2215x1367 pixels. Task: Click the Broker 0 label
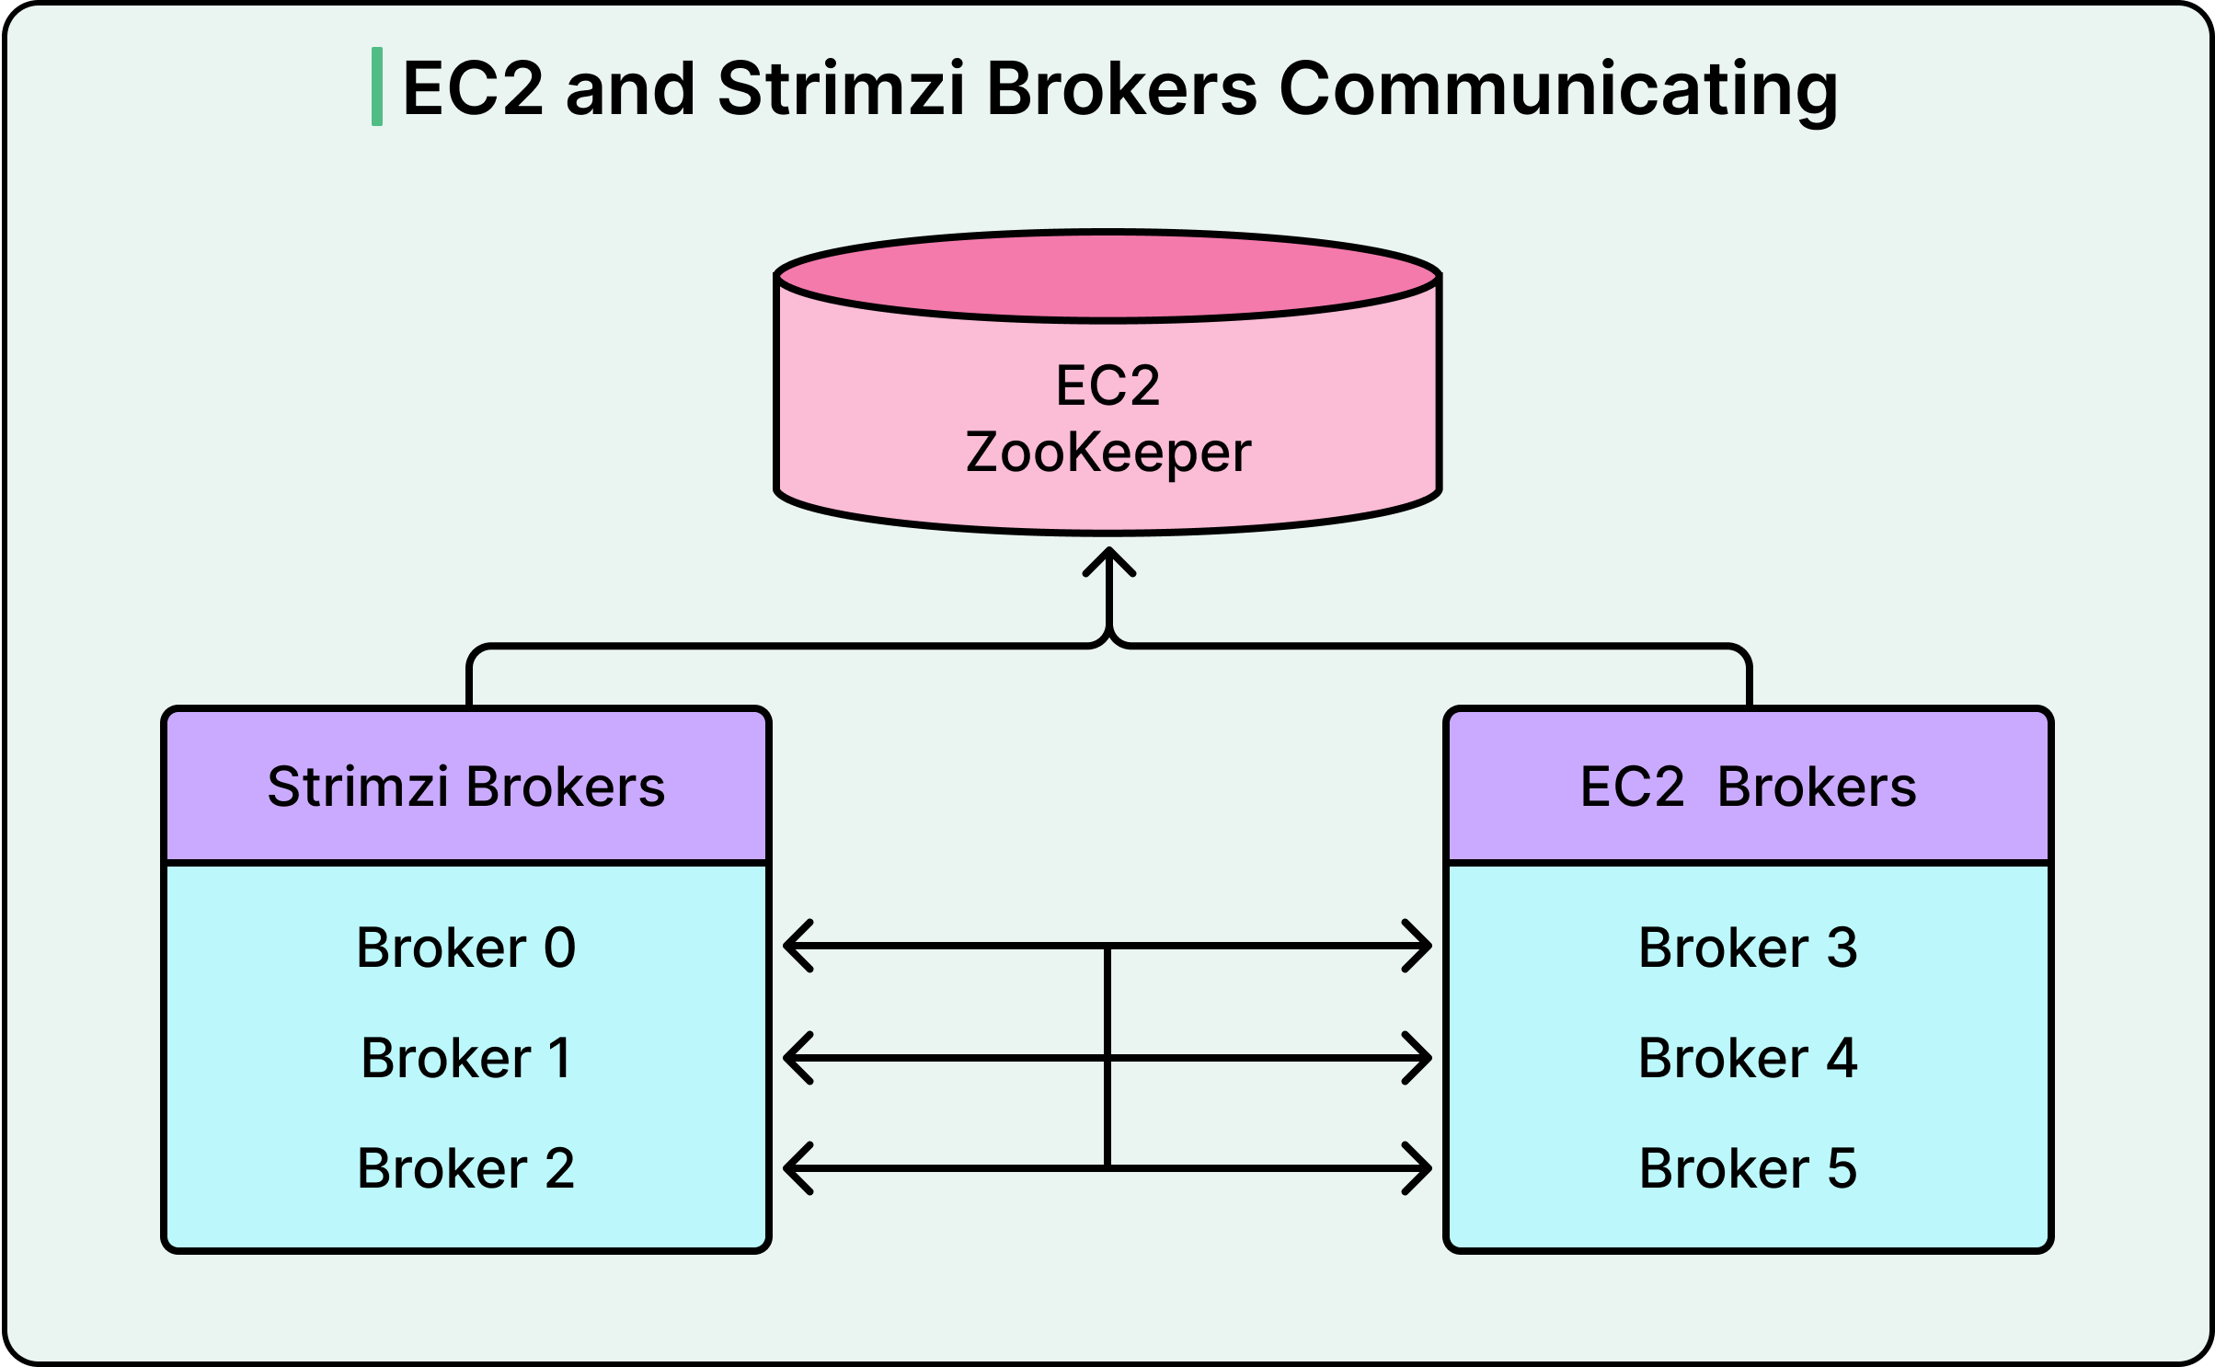(x=465, y=948)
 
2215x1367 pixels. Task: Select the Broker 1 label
(x=465, y=1058)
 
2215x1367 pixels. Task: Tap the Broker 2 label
(x=465, y=1168)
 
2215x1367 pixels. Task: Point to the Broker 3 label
(x=1748, y=948)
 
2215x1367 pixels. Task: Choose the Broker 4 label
(x=1748, y=1058)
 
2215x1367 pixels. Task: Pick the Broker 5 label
(x=1748, y=1168)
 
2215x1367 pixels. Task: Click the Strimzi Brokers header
(x=465, y=787)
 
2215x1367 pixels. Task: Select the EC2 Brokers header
(x=1748, y=787)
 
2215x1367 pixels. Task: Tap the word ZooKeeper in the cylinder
(x=1108, y=453)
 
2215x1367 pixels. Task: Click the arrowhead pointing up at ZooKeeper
(x=1109, y=559)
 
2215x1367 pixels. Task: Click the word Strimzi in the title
(x=841, y=88)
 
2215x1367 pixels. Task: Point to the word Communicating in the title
(x=1558, y=88)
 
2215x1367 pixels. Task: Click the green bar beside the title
(x=377, y=86)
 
